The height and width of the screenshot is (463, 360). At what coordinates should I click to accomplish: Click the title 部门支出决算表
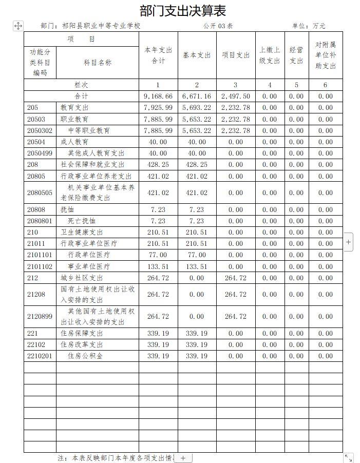pyautogui.click(x=183, y=10)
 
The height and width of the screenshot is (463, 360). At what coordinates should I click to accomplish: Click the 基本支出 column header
pyautogui.click(x=197, y=55)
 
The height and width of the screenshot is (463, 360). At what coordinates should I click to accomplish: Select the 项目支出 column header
pyautogui.click(x=236, y=55)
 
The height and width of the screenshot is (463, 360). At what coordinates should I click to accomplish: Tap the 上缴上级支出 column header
pyautogui.click(x=270, y=55)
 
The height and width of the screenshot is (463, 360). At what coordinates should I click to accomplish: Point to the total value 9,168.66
pyautogui.click(x=158, y=97)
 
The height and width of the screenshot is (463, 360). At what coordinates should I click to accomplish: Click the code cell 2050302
pyautogui.click(x=40, y=131)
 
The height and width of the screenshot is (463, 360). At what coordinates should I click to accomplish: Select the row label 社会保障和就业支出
pyautogui.click(x=92, y=165)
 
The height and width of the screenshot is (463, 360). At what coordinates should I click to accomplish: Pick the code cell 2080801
pyautogui.click(x=40, y=221)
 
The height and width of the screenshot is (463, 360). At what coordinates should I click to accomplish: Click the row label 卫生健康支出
pyautogui.click(x=82, y=233)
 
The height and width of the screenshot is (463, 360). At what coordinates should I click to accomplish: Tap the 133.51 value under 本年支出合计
pyautogui.click(x=158, y=267)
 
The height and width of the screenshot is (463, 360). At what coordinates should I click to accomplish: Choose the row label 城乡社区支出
pyautogui.click(x=82, y=278)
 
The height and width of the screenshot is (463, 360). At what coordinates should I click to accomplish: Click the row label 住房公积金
pyautogui.click(x=85, y=356)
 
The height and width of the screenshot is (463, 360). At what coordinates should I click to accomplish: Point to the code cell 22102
pyautogui.click(x=36, y=345)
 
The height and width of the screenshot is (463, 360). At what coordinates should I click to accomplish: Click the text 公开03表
pyautogui.click(x=218, y=26)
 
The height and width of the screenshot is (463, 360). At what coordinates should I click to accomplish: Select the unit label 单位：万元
pyautogui.click(x=309, y=26)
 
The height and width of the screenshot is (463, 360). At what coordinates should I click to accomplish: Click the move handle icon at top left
pyautogui.click(x=17, y=26)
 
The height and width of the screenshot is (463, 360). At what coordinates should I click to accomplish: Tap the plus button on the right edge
pyautogui.click(x=348, y=241)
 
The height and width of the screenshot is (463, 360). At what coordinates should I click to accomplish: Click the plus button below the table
pyautogui.click(x=183, y=458)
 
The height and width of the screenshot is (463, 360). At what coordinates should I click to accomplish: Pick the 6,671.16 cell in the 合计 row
pyautogui.click(x=197, y=97)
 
